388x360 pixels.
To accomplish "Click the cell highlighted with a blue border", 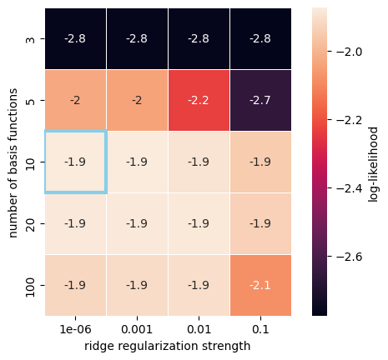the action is pyautogui.click(x=76, y=162).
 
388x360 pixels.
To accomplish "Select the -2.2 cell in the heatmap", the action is pyautogui.click(x=199, y=100).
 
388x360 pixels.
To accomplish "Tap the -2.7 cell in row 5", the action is pyautogui.click(x=260, y=100).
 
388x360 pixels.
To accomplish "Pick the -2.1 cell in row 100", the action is pyautogui.click(x=260, y=285).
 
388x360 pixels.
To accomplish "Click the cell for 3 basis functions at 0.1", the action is pyautogui.click(x=260, y=38).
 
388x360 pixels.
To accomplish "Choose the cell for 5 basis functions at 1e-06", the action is pyautogui.click(x=76, y=100).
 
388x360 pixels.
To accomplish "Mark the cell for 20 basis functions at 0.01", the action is pyautogui.click(x=199, y=223).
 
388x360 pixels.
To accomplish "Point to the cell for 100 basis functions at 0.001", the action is pyautogui.click(x=138, y=285).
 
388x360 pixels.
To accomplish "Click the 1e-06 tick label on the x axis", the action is pyautogui.click(x=76, y=329).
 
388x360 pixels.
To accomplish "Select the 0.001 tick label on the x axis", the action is pyautogui.click(x=137, y=329).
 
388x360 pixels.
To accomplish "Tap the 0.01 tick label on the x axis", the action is pyautogui.click(x=199, y=329).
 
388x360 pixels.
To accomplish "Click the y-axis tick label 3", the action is pyautogui.click(x=31, y=39).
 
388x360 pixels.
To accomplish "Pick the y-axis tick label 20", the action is pyautogui.click(x=31, y=224).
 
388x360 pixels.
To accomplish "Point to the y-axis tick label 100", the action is pyautogui.click(x=31, y=286).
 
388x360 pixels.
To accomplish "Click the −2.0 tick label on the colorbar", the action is pyautogui.click(x=349, y=52).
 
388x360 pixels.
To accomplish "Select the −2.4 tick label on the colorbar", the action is pyautogui.click(x=349, y=188).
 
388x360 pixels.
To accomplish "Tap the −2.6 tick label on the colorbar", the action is pyautogui.click(x=349, y=257).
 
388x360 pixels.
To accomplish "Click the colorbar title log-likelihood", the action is pyautogui.click(x=373, y=164).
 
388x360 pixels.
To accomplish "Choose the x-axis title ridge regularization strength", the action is pyautogui.click(x=168, y=347).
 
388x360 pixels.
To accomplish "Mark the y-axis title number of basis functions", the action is pyautogui.click(x=13, y=163).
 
